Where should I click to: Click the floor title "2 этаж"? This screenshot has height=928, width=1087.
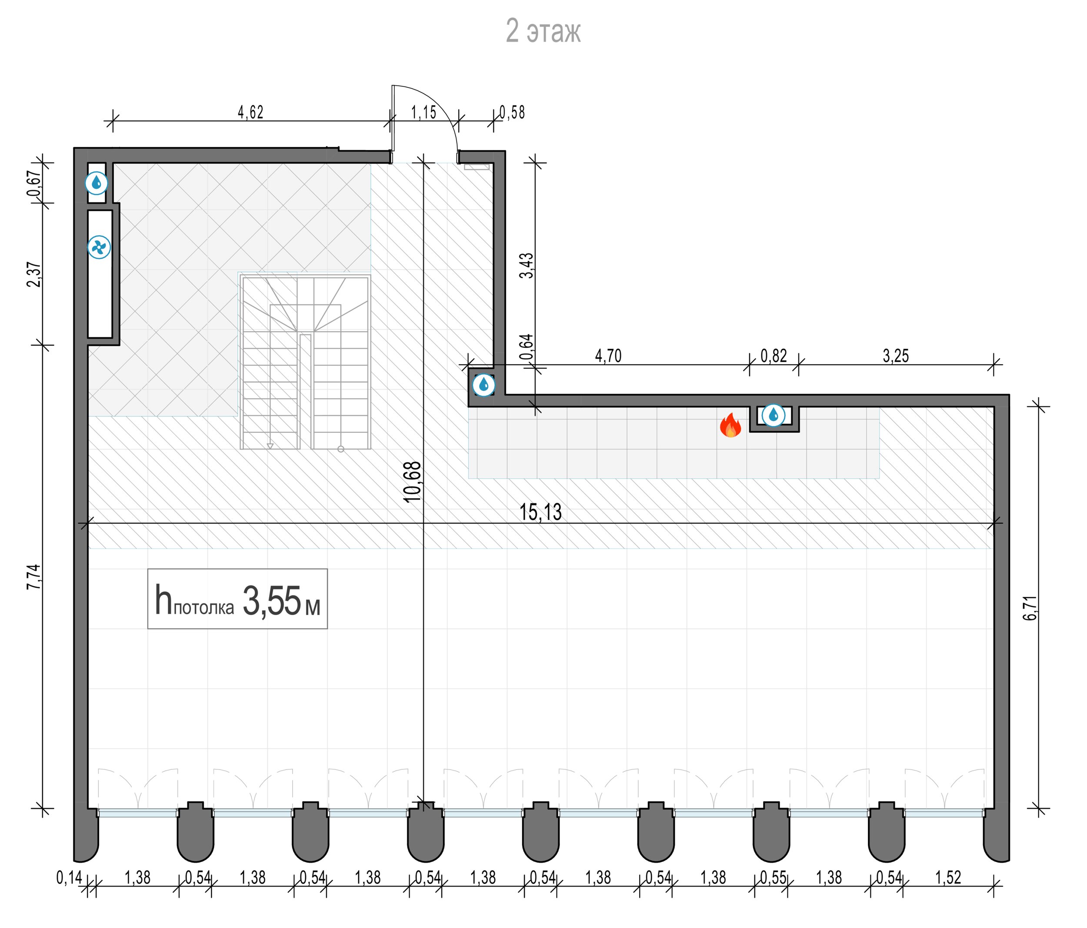pos(543,31)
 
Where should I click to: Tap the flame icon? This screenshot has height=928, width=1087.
pos(730,425)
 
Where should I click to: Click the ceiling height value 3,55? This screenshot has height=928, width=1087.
pos(271,601)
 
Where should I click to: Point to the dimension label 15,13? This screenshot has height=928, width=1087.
pos(540,512)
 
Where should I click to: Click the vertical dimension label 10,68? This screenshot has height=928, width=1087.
pos(413,482)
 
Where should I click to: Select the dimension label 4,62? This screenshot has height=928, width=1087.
pos(250,112)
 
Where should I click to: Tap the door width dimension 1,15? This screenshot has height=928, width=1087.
pos(423,112)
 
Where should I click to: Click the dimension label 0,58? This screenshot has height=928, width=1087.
pos(512,112)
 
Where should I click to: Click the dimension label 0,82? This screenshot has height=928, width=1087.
pos(774,356)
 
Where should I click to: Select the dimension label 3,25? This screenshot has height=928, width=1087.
pos(896,356)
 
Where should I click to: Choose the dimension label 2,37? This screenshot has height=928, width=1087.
pos(33,274)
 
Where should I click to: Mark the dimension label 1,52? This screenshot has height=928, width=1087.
pos(948,878)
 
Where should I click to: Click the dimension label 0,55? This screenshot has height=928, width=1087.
pos(774,878)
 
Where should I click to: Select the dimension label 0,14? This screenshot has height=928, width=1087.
pos(69,878)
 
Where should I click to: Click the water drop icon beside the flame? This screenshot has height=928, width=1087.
pos(773,416)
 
